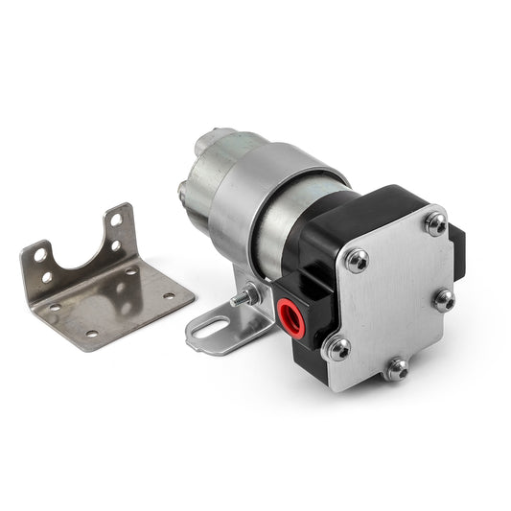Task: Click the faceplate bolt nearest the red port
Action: pyautogui.click(x=337, y=348)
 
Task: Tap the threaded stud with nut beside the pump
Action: pyautogui.click(x=247, y=296)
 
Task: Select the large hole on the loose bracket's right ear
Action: pyautogui.click(x=116, y=221)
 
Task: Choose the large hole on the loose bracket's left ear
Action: pyautogui.click(x=40, y=255)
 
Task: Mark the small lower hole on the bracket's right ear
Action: pyautogui.click(x=115, y=246)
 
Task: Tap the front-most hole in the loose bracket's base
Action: pyautogui.click(x=92, y=334)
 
